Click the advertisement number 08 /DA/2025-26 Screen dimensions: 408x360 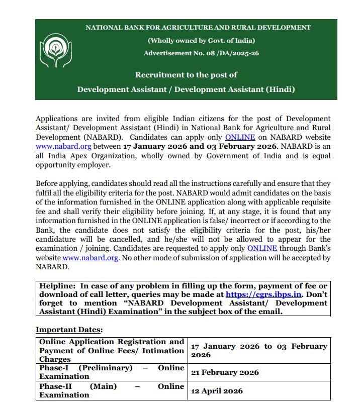click(201, 53)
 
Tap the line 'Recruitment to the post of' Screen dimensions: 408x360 click(186, 75)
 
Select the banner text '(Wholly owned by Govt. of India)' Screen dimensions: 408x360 click(201, 41)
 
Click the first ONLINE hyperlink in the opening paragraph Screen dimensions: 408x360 click(240, 137)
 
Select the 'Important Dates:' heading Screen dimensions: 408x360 click(69, 330)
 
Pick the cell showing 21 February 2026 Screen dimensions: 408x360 click(225, 372)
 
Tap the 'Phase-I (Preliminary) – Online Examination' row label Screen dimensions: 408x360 click(112, 372)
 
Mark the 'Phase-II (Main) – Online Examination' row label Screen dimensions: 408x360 click(112, 391)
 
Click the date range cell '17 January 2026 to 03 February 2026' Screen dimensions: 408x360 click(259, 351)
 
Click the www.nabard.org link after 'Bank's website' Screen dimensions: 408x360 click(91, 258)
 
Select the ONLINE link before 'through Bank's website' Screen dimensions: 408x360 click(262, 249)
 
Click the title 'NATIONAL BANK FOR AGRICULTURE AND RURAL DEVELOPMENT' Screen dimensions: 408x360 click(198, 28)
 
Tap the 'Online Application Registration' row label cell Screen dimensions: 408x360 click(112, 351)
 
